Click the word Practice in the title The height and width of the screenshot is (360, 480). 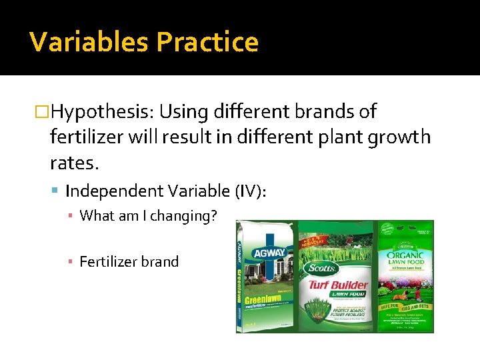[x=207, y=42]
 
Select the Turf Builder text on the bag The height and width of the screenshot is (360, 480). [x=337, y=286]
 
